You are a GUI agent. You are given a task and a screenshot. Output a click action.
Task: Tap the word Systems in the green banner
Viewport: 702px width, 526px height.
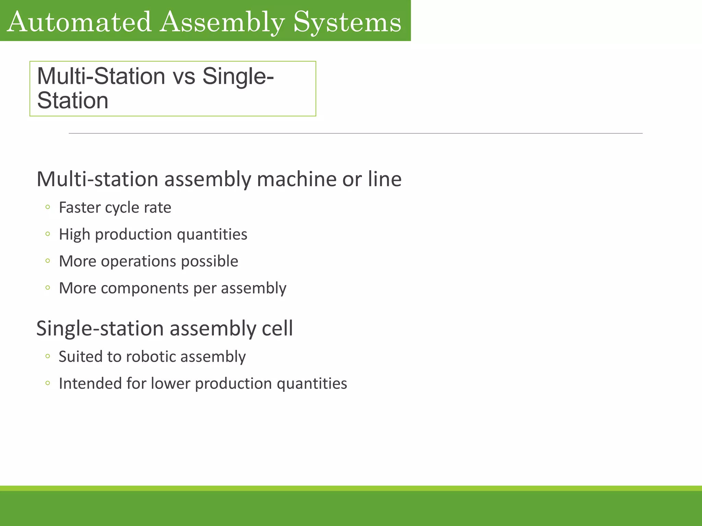[347, 22]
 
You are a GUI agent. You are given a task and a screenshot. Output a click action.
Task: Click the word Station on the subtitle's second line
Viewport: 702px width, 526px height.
[73, 101]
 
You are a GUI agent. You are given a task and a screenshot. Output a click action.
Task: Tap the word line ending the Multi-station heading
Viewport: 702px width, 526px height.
[385, 179]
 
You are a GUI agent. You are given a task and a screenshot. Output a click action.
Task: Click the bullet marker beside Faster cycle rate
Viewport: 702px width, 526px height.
[48, 207]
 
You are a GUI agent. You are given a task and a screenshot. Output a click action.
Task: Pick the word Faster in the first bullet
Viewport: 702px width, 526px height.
[79, 208]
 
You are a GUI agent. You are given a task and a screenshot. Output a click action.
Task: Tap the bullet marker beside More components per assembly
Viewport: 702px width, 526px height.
[48, 288]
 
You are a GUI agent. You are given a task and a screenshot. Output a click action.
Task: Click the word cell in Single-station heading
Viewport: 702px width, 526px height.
[277, 328]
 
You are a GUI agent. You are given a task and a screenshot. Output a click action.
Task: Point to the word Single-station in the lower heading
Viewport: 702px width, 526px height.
[100, 328]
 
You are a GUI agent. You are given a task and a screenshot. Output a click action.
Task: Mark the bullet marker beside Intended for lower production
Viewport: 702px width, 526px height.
[48, 383]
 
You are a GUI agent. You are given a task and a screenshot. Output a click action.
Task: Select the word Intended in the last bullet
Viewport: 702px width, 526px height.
[90, 384]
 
